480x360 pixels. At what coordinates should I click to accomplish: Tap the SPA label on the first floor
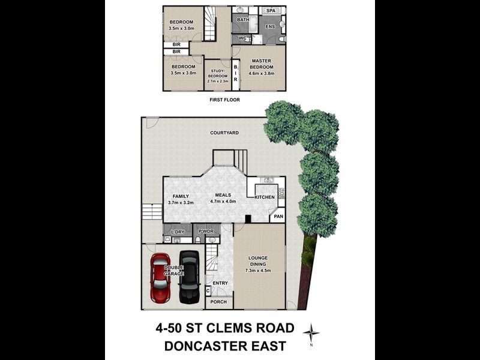tap(271, 11)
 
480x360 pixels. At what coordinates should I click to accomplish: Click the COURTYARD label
tap(224, 133)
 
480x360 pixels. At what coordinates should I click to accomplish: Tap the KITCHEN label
tap(265, 197)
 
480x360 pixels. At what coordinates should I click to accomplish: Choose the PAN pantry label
tap(278, 217)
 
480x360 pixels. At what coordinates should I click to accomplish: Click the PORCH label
tap(218, 302)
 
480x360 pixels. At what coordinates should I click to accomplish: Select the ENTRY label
tap(220, 283)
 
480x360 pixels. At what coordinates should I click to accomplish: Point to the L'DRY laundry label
tap(177, 231)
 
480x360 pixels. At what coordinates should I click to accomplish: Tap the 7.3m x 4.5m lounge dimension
tap(258, 271)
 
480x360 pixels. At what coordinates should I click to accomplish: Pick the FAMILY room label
tap(181, 196)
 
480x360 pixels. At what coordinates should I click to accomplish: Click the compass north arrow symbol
tap(311, 332)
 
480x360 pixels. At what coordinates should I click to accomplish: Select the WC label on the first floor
tap(243, 38)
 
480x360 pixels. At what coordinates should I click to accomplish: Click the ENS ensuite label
tap(270, 26)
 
